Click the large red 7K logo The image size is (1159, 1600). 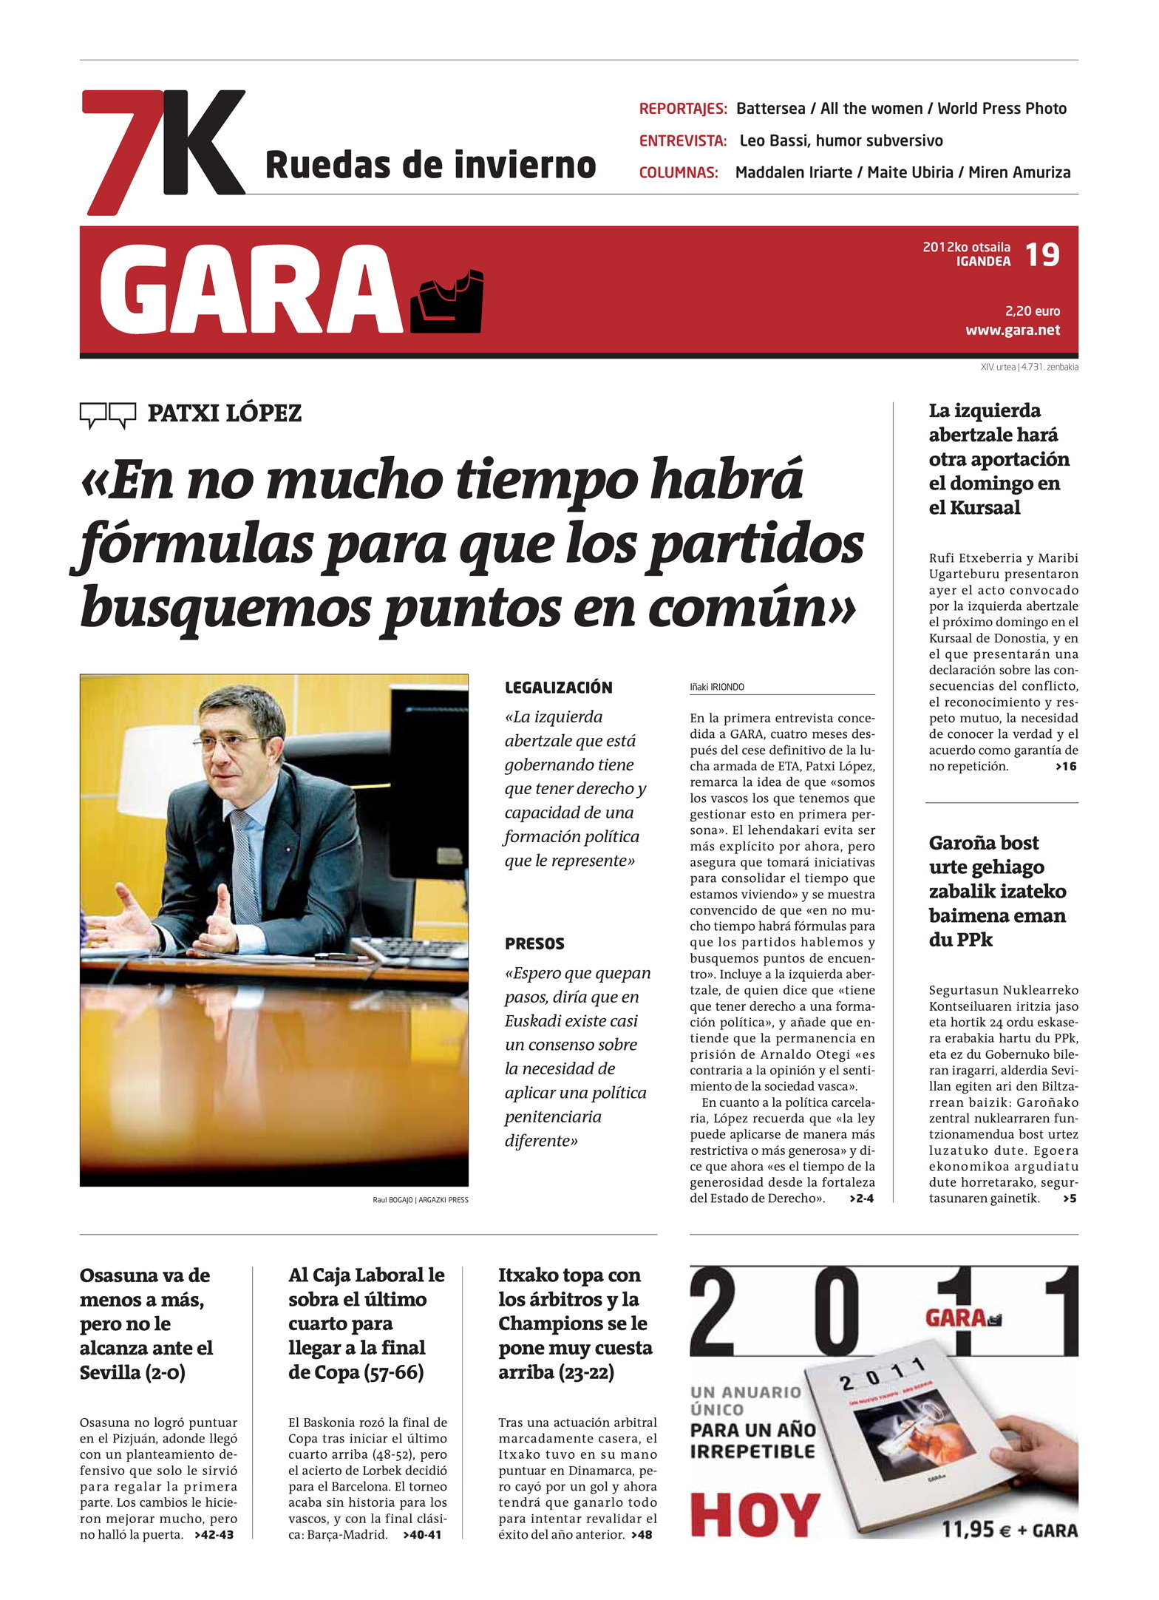click(163, 152)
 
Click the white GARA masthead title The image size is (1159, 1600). click(251, 290)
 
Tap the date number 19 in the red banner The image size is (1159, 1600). click(1042, 255)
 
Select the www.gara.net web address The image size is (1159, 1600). click(1012, 330)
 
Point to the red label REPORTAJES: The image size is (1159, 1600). click(683, 109)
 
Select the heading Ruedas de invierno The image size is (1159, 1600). click(430, 165)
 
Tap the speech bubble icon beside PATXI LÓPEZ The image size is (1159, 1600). click(108, 415)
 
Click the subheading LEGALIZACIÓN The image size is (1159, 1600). click(558, 688)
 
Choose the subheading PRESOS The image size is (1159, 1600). click(534, 943)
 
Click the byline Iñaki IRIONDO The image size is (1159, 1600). click(717, 687)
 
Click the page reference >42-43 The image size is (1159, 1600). click(214, 1534)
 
